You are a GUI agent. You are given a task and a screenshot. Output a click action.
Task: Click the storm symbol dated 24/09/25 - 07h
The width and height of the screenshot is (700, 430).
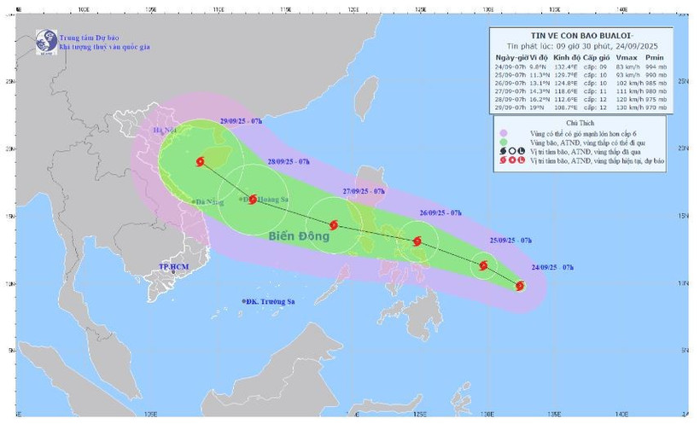click(x=520, y=286)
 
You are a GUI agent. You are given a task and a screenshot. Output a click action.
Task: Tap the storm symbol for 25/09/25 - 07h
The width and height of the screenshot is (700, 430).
click(x=484, y=265)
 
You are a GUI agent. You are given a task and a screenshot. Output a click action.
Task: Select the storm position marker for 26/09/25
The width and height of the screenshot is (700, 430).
click(x=417, y=241)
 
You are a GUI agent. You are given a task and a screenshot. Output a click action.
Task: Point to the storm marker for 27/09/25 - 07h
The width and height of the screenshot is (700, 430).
click(x=334, y=225)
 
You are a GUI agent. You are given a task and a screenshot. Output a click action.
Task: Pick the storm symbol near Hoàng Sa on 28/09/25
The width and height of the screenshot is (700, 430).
click(x=253, y=199)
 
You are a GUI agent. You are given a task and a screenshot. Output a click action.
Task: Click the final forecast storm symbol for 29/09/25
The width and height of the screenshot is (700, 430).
click(x=201, y=161)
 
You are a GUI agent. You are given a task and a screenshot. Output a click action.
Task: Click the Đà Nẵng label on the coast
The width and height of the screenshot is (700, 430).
click(x=207, y=202)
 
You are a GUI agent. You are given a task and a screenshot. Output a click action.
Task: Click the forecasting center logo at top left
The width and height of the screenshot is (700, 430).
click(x=44, y=40)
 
